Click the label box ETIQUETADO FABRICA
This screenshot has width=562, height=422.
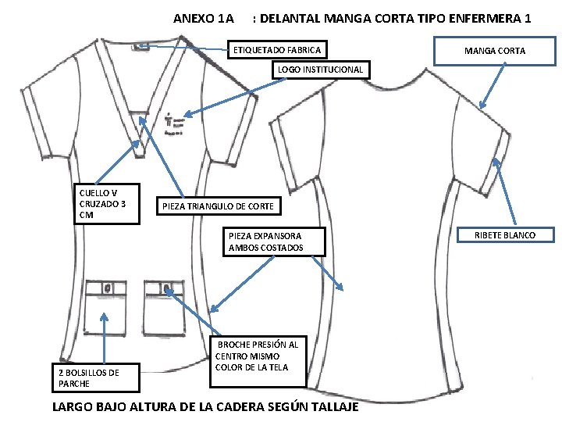276,50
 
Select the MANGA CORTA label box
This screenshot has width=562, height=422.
495,51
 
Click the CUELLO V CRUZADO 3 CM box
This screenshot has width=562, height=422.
105,203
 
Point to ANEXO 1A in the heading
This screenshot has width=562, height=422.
203,17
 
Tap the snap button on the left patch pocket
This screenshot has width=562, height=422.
107,289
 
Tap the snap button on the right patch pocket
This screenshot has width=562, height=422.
168,289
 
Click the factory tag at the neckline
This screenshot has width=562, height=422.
141,45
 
